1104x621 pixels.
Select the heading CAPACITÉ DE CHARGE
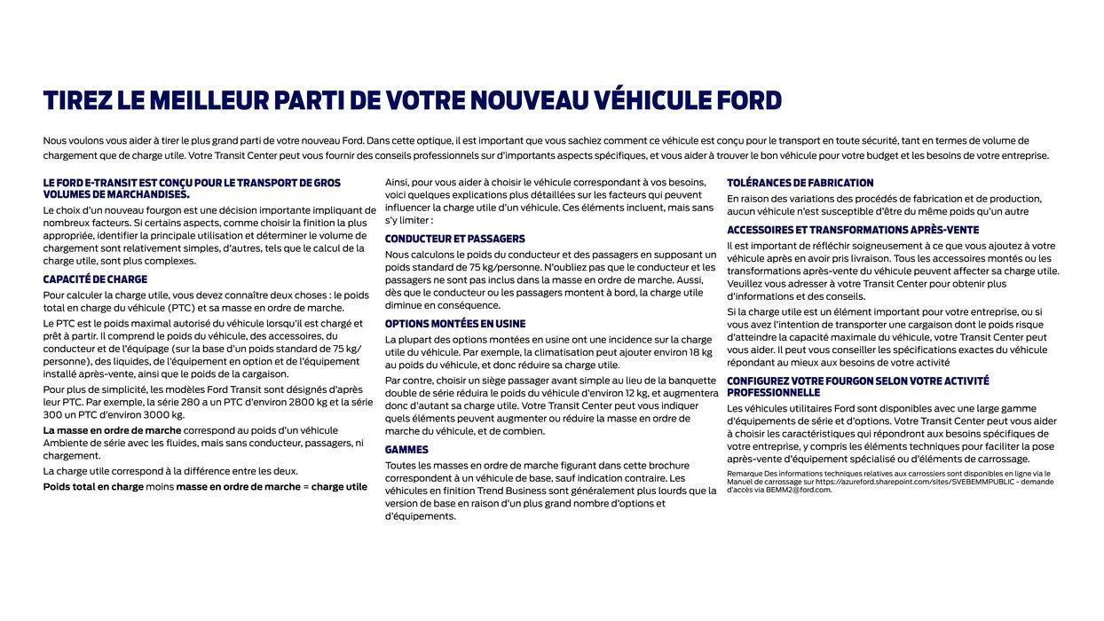pos(95,279)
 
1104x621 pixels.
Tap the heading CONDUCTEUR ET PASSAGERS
pos(454,239)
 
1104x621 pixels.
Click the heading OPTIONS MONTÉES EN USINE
pos(454,324)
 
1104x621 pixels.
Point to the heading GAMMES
pos(406,450)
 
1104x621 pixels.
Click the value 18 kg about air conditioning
pos(700,352)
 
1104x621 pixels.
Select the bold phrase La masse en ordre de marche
pos(112,430)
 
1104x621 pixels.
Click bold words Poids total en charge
pos(93,486)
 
